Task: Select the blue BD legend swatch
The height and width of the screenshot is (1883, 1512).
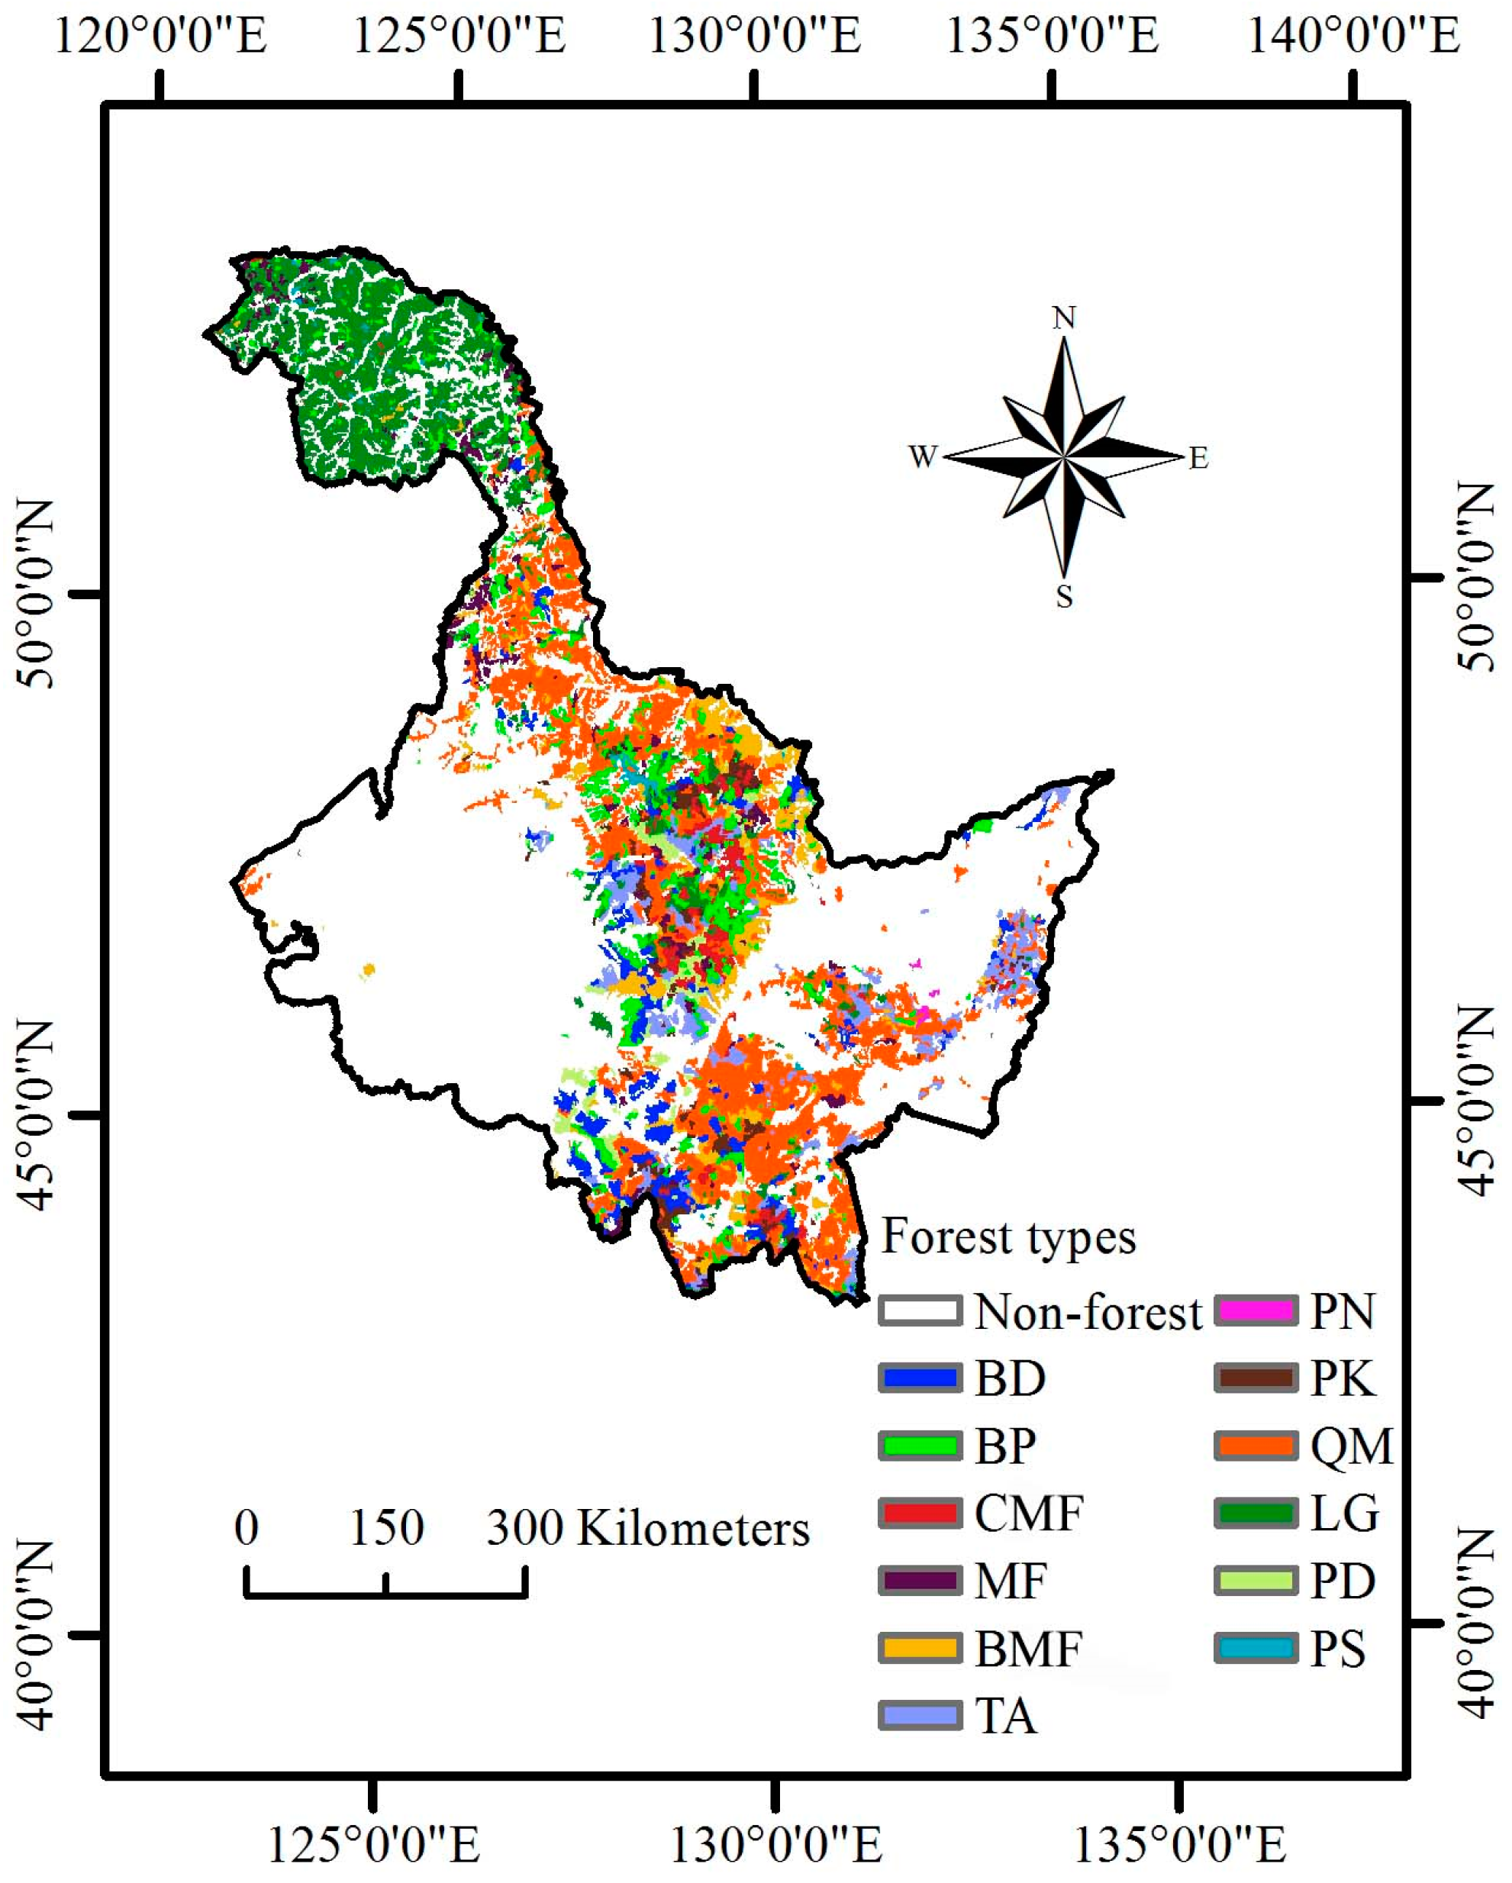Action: (920, 1379)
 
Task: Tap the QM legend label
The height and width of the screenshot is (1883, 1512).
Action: (1350, 1446)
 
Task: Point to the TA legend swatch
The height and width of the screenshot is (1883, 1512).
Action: (920, 1715)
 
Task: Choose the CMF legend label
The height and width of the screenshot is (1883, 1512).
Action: (1029, 1514)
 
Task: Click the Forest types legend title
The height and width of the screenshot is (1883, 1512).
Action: (1008, 1237)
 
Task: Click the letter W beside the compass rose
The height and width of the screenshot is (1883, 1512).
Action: (923, 456)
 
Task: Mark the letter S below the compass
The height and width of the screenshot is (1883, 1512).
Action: (1063, 597)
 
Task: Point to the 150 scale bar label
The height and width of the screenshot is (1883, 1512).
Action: (386, 1527)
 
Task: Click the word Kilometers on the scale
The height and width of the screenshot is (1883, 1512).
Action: (694, 1530)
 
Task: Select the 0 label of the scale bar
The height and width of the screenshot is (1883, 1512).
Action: (247, 1527)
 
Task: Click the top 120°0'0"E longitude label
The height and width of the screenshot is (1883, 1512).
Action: (161, 37)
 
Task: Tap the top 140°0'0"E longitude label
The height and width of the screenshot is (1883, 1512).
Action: (1354, 37)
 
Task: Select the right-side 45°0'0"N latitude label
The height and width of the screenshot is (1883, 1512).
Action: (1476, 1102)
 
